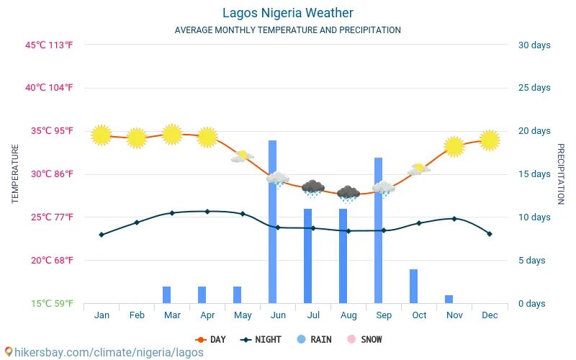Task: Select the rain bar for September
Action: (378, 230)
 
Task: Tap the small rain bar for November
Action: (449, 299)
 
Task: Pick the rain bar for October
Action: (413, 286)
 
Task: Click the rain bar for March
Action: (166, 294)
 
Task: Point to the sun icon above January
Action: (102, 135)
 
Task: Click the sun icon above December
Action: (490, 140)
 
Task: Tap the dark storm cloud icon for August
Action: (348, 193)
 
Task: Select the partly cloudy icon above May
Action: (243, 156)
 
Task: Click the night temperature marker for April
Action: (207, 212)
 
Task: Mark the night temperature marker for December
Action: (490, 234)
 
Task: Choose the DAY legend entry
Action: (210, 339)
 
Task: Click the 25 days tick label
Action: (534, 88)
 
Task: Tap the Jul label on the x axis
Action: (313, 315)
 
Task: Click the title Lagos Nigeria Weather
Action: (287, 13)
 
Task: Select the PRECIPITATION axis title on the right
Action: (561, 174)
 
